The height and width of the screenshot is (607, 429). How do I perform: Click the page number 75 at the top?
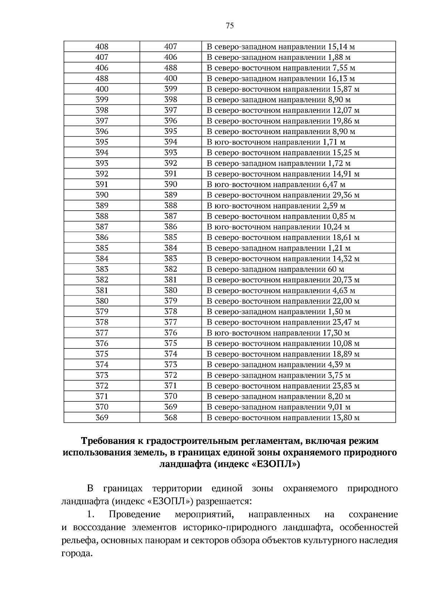point(230,25)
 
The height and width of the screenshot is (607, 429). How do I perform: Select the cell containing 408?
point(102,46)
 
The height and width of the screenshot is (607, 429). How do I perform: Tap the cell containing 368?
point(171,417)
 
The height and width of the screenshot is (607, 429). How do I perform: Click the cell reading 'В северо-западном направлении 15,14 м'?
point(281,46)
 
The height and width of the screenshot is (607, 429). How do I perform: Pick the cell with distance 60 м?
point(275,269)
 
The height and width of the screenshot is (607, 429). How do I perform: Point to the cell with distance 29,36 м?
point(283,195)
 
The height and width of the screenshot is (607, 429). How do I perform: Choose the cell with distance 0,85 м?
point(281,216)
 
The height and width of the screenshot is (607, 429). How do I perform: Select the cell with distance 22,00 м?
point(283,301)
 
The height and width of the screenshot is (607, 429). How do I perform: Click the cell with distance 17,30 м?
point(278,333)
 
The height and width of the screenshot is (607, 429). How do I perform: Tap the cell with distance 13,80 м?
point(283,417)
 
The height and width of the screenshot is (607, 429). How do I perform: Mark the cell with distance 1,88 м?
point(278,57)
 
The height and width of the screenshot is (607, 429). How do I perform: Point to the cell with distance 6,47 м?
point(276,184)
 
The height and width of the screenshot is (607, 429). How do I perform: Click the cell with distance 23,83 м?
point(283,386)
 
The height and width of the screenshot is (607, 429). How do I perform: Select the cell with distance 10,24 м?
point(278,227)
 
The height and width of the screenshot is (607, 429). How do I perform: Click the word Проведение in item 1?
point(134,514)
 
